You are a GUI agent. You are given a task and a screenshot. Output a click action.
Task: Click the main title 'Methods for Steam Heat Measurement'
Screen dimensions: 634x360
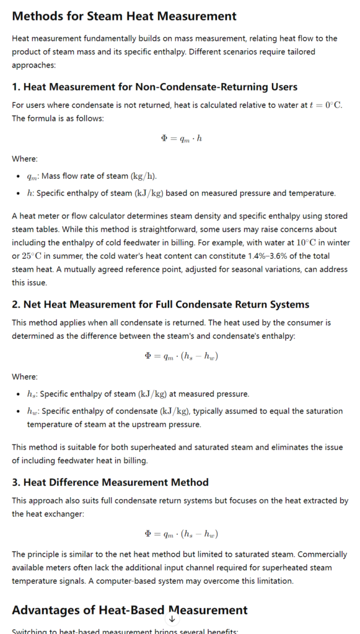click(x=124, y=16)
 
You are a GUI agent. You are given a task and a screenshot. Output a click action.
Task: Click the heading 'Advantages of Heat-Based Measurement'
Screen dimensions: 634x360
click(x=130, y=610)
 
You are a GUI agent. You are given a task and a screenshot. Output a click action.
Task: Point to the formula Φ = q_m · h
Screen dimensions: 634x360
click(x=181, y=137)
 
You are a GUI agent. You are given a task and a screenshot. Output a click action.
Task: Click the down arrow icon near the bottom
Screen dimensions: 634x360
click(x=172, y=619)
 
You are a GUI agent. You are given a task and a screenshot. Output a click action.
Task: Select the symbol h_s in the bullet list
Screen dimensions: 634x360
click(x=32, y=394)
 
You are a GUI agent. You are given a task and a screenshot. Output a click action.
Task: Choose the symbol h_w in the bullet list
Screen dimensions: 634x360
click(x=32, y=411)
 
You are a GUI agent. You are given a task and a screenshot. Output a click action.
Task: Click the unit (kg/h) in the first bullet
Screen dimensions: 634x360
click(x=149, y=176)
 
